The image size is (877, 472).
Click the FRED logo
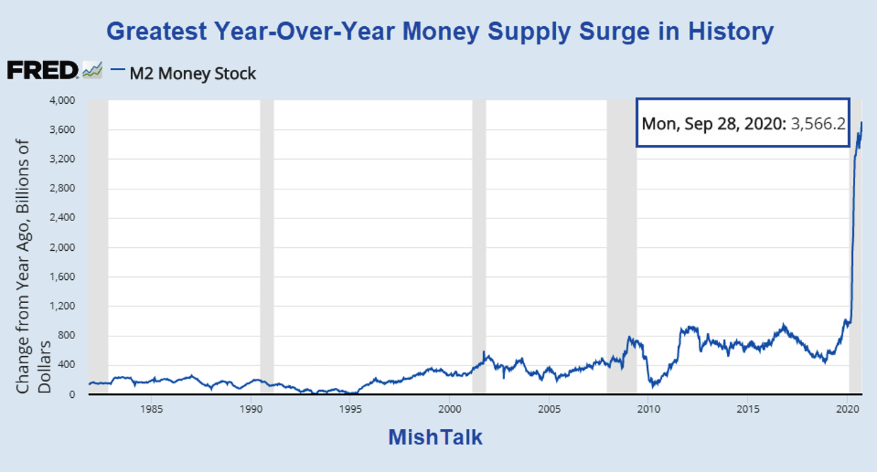pyautogui.click(x=42, y=70)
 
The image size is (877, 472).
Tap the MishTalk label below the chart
pyautogui.click(x=435, y=437)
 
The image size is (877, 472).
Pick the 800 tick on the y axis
pyautogui.click(x=67, y=336)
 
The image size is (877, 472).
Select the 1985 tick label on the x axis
pyautogui.click(x=150, y=408)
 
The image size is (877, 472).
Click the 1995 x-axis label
pyautogui.click(x=349, y=408)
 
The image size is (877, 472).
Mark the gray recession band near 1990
pyautogui.click(x=267, y=247)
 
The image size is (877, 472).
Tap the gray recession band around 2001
pyautogui.click(x=479, y=247)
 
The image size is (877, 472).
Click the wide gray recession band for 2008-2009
pyautogui.click(x=621, y=247)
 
